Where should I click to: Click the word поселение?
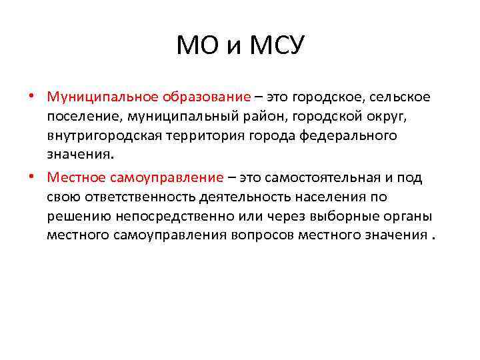80,117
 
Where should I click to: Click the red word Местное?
74,177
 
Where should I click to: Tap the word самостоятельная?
324,177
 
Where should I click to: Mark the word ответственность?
126,197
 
